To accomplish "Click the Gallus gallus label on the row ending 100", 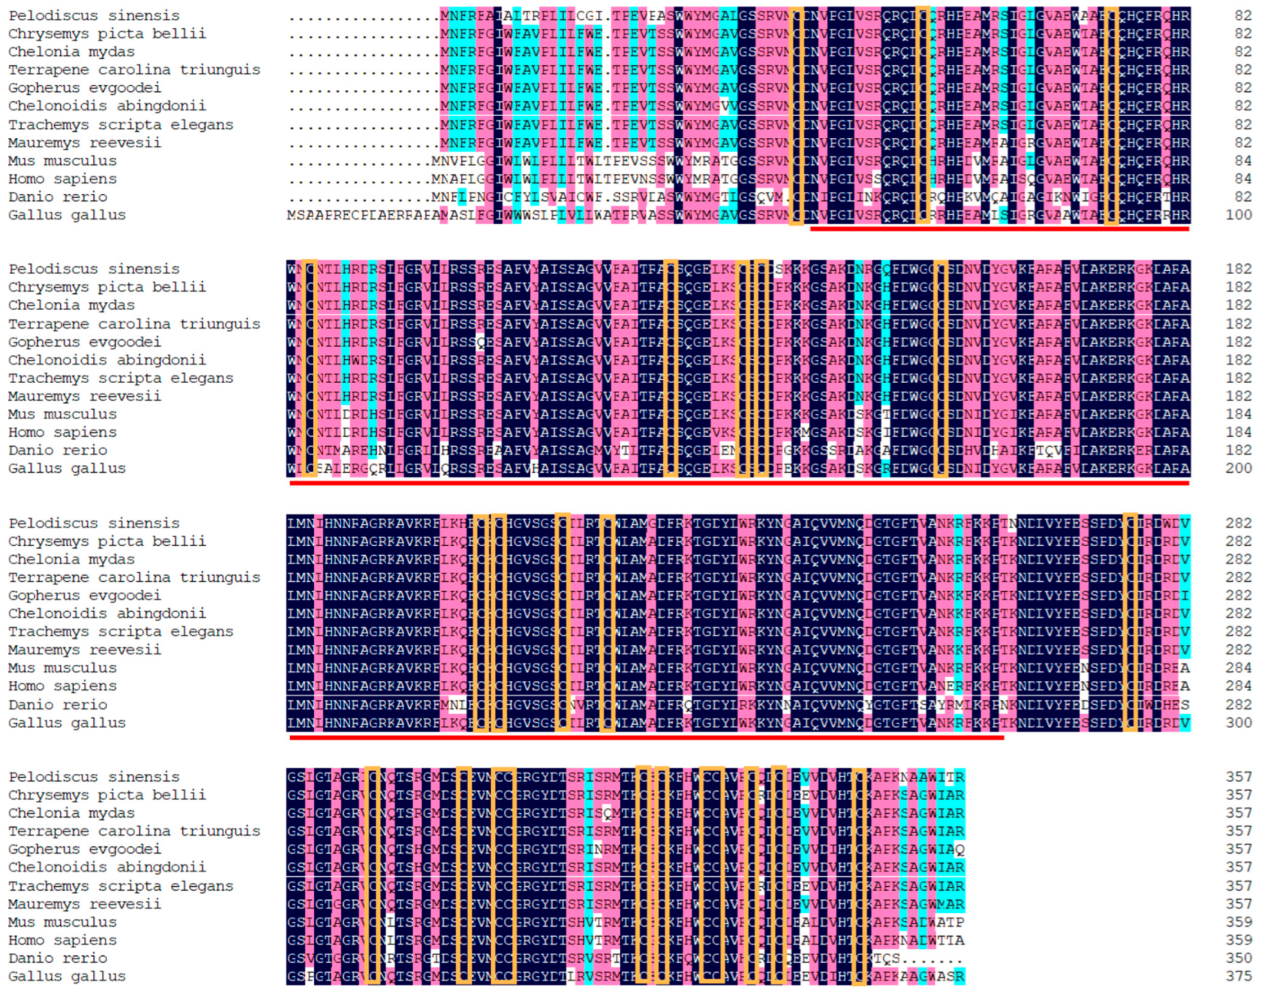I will [x=67, y=215].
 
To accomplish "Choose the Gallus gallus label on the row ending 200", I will [x=67, y=468].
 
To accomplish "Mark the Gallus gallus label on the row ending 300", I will [x=67, y=723].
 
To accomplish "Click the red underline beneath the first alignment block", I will [x=999, y=229].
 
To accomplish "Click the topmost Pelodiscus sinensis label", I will [x=94, y=16].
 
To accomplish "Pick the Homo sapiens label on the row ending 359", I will [x=62, y=940].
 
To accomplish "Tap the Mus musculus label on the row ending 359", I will [x=62, y=922].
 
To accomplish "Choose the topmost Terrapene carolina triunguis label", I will [x=134, y=70].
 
